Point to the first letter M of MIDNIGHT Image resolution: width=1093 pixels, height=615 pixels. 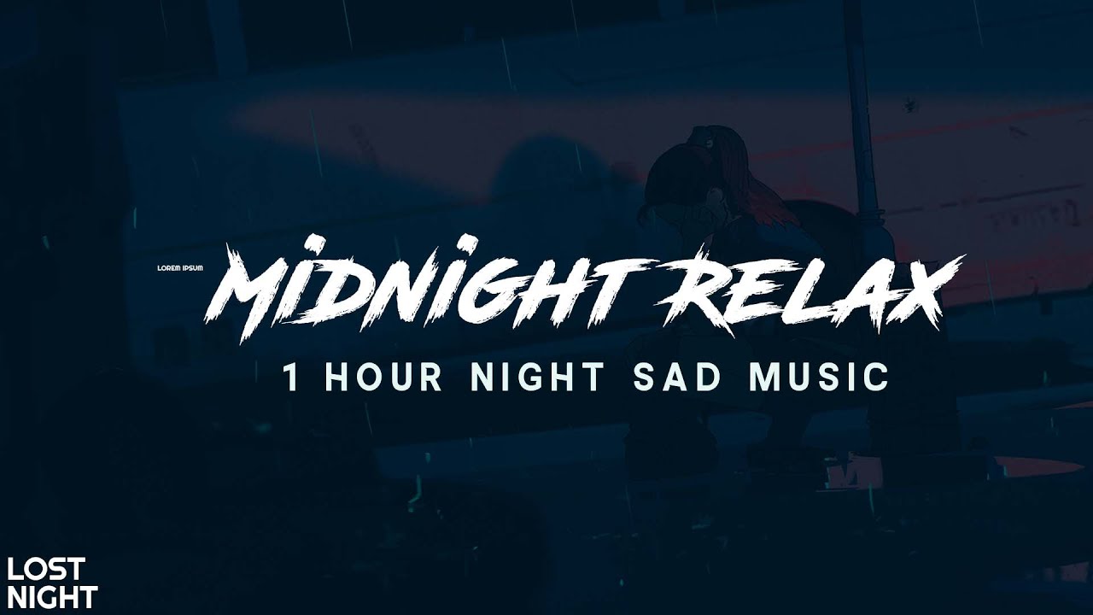tap(248, 295)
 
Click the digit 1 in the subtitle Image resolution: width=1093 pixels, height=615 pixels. tap(293, 378)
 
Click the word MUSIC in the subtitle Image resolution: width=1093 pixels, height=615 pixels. tap(819, 378)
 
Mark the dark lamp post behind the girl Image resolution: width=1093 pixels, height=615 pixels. tap(861, 128)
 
